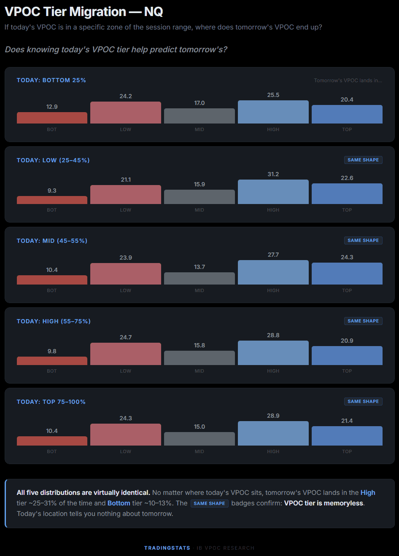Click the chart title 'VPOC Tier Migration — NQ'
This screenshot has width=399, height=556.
pyautogui.click(x=84, y=11)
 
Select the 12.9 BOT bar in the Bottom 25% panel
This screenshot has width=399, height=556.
pyautogui.click(x=52, y=118)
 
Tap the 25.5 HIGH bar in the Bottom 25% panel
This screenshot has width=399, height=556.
pyautogui.click(x=273, y=112)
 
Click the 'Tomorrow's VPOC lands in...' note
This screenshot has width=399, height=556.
pyautogui.click(x=348, y=81)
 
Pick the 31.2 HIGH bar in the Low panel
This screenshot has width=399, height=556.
pyautogui.click(x=273, y=192)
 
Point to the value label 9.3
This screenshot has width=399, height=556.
pyautogui.click(x=52, y=191)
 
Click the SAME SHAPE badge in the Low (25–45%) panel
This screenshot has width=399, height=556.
pyautogui.click(x=363, y=160)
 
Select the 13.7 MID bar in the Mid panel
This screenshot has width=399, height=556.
pyautogui.click(x=199, y=279)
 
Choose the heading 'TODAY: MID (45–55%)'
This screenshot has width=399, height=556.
pyautogui.click(x=52, y=241)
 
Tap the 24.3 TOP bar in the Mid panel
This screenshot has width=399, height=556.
pyautogui.click(x=347, y=274)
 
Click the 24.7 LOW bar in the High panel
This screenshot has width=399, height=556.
pyautogui.click(x=126, y=354)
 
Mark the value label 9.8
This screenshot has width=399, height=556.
pyautogui.click(x=52, y=351)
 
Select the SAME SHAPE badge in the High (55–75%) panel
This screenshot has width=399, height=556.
pyautogui.click(x=363, y=321)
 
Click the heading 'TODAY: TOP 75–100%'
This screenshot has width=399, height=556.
pyautogui.click(x=51, y=402)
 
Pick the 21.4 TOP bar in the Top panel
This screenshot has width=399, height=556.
pyautogui.click(x=347, y=436)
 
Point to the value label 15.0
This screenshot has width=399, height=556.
pyautogui.click(x=199, y=427)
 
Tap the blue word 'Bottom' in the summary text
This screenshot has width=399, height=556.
pyautogui.click(x=119, y=503)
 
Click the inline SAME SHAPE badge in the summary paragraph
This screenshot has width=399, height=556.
pyautogui.click(x=209, y=503)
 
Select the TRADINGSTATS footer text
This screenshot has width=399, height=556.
pyautogui.click(x=167, y=548)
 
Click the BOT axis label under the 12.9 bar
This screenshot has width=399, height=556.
pyautogui.click(x=52, y=129)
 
